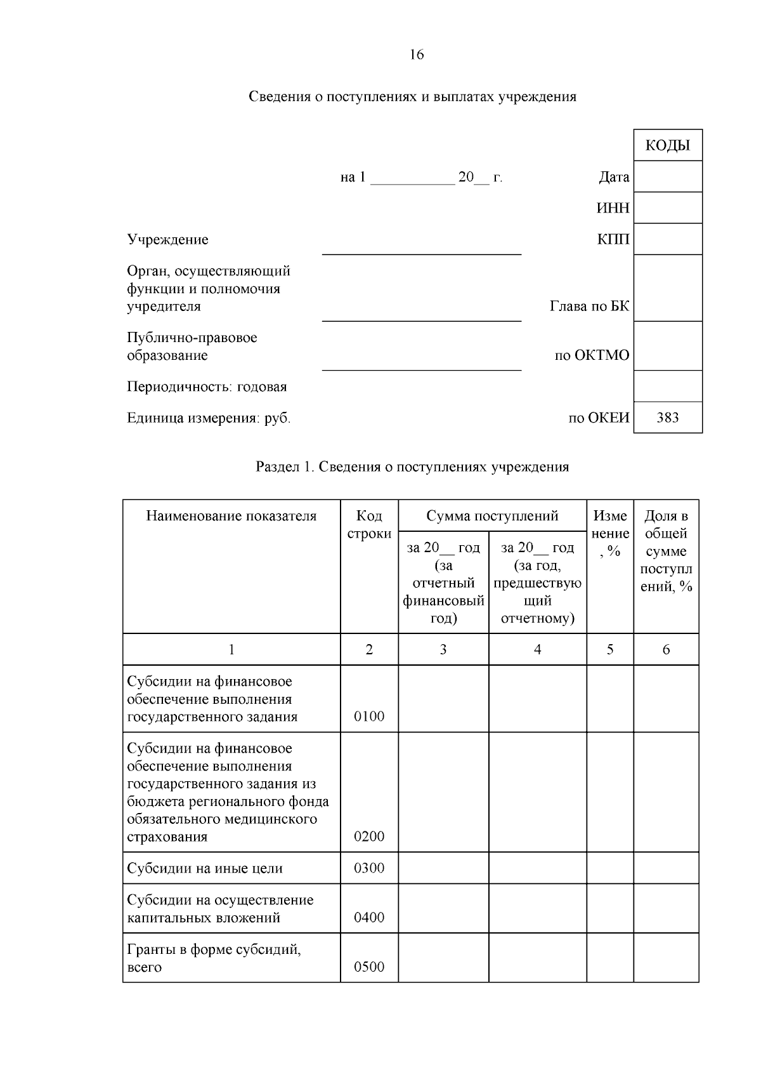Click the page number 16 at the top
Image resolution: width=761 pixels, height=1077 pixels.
[x=417, y=55]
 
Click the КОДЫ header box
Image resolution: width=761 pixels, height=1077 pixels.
[x=668, y=145]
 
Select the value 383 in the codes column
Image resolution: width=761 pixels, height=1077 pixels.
[x=668, y=418]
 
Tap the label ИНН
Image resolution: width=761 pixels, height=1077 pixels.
[x=613, y=208]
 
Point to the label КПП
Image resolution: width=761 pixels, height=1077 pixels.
[x=613, y=239]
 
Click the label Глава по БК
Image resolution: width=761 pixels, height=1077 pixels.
[x=589, y=307]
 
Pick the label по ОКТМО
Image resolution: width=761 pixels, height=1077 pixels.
[x=592, y=355]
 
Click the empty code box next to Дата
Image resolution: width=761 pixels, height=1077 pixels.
[x=668, y=176]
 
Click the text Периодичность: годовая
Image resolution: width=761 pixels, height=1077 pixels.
[x=207, y=387]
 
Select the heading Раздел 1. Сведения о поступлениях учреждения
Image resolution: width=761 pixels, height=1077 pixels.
[x=412, y=467]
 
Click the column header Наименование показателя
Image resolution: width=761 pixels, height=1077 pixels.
[x=231, y=516]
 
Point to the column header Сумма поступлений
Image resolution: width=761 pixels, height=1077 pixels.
[x=492, y=516]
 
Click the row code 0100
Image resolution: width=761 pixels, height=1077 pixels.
[x=369, y=717]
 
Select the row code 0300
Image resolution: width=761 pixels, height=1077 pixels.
[x=369, y=868]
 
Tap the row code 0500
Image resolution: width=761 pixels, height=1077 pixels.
[x=369, y=967]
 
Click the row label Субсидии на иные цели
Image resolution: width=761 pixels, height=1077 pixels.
[x=205, y=868]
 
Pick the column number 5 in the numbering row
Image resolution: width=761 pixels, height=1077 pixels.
[x=610, y=649]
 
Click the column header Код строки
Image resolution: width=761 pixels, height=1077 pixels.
[x=369, y=525]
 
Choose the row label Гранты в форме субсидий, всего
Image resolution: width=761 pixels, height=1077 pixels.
[x=214, y=958]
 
